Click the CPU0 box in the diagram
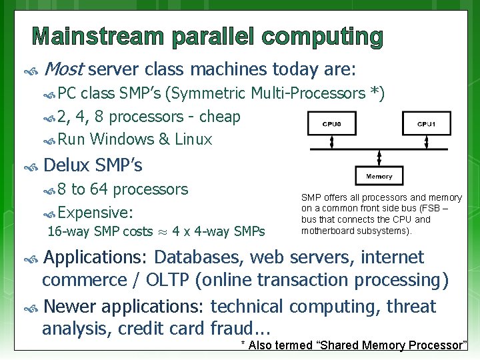click(331, 123)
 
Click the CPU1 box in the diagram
click(427, 123)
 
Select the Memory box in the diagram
click(379, 176)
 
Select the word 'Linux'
click(193, 139)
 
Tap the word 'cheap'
click(219, 117)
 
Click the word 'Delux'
click(67, 165)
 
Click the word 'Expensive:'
click(95, 213)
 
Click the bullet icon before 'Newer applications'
click(30, 307)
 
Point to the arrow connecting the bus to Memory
click(379, 157)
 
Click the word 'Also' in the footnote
click(262, 345)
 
